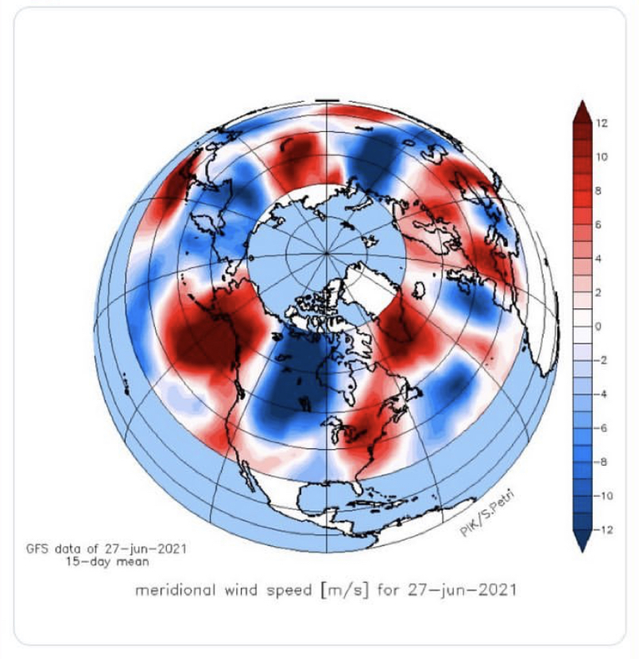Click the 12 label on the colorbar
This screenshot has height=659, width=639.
point(602,123)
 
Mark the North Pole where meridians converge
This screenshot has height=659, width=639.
point(328,253)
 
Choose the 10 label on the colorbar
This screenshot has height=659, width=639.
point(602,157)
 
